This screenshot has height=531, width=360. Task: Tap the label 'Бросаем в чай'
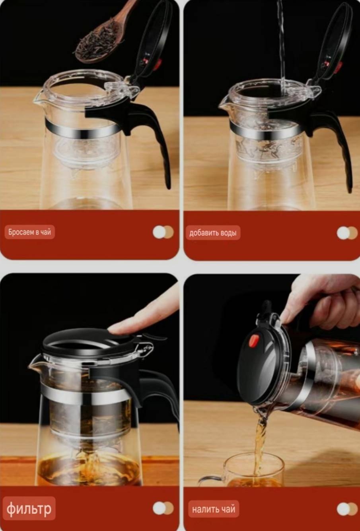click(x=30, y=232)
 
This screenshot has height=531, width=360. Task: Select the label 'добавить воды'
click(x=213, y=233)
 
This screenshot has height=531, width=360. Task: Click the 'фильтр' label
click(x=29, y=508)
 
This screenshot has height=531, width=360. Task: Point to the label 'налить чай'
click(x=214, y=509)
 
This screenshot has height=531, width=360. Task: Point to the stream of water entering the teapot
click(x=282, y=47)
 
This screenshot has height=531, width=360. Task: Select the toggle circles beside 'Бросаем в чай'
click(x=163, y=232)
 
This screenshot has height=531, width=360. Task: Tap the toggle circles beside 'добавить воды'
click(x=347, y=233)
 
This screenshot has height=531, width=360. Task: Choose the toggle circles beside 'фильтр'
click(x=163, y=508)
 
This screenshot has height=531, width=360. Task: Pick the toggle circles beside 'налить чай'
click(x=347, y=509)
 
